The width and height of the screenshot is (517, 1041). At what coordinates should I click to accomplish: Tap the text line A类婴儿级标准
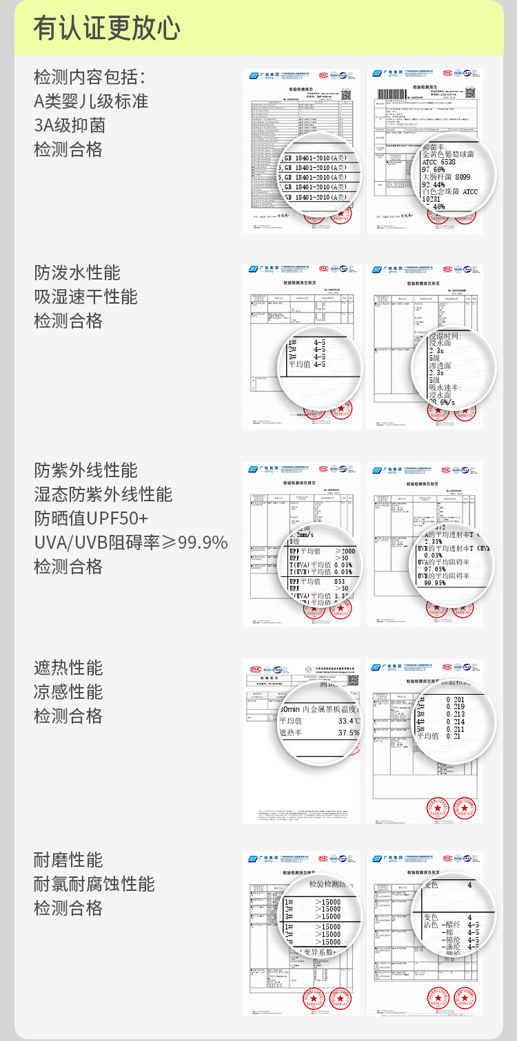point(91,101)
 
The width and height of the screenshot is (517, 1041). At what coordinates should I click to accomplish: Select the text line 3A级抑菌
point(70,125)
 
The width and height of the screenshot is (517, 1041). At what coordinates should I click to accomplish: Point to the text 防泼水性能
point(77,273)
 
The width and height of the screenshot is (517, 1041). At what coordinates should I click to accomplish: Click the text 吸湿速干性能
point(86,297)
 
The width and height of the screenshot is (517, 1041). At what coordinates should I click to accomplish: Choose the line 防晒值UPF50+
point(91,518)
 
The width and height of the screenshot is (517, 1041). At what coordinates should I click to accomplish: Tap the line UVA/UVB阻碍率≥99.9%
point(131,543)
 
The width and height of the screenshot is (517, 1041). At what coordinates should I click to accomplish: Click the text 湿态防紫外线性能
point(103,494)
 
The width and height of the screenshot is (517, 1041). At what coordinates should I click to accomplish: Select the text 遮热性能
point(68,668)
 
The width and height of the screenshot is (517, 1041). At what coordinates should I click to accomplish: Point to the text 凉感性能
point(68,692)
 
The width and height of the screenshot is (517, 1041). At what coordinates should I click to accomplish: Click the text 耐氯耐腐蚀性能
point(94,884)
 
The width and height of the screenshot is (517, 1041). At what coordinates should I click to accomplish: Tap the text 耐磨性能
point(68,860)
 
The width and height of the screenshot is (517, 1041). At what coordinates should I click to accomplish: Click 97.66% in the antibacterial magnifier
point(434,169)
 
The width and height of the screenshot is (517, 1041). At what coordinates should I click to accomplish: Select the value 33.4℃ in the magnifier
point(345,721)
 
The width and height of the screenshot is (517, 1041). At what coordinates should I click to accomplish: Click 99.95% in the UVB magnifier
point(436,582)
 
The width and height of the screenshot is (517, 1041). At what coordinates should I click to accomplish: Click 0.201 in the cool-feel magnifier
point(455,700)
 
